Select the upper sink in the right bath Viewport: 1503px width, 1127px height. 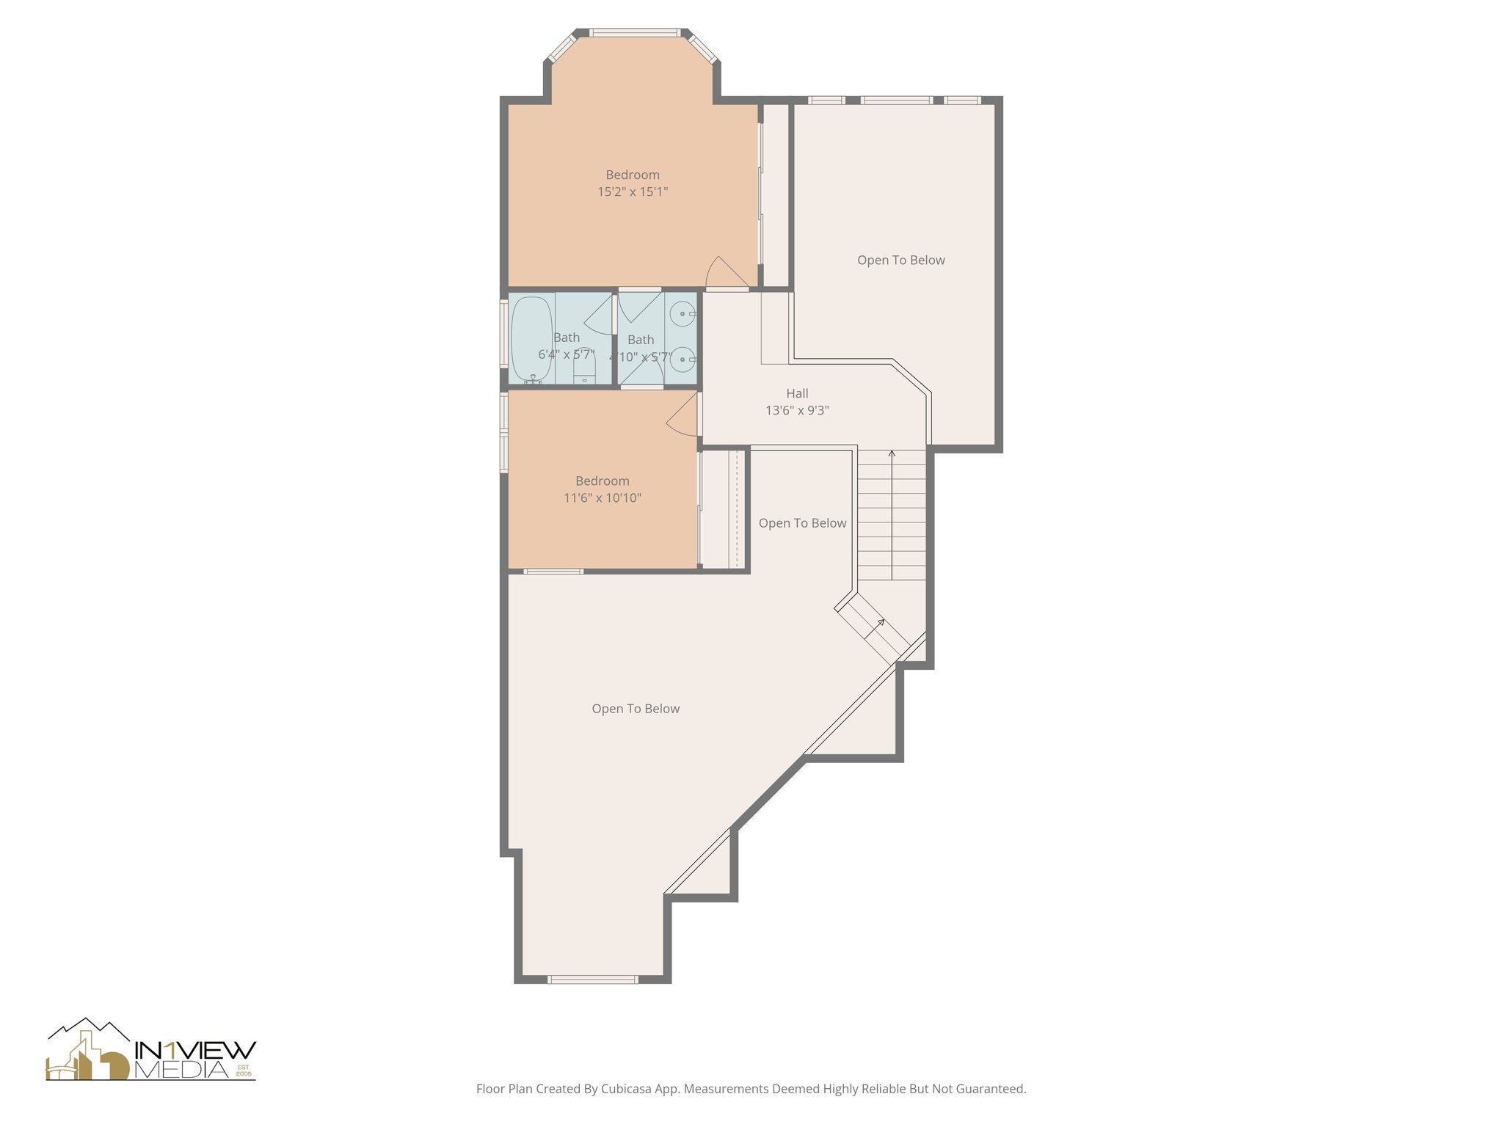pyautogui.click(x=683, y=314)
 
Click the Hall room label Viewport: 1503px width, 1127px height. pyautogui.click(x=797, y=393)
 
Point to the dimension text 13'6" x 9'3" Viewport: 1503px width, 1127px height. pyautogui.click(x=797, y=411)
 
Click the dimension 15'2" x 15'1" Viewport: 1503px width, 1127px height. pyautogui.click(x=633, y=192)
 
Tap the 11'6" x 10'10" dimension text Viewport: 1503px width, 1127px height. pyautogui.click(x=603, y=498)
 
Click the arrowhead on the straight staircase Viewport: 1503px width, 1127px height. pyautogui.click(x=892, y=454)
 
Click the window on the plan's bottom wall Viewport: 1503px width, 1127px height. pyautogui.click(x=593, y=979)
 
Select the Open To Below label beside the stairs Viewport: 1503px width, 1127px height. pyautogui.click(x=802, y=523)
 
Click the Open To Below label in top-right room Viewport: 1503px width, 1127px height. pyautogui.click(x=900, y=260)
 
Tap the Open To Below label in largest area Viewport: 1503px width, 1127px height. pyautogui.click(x=636, y=709)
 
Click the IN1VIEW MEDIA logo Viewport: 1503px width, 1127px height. pyautogui.click(x=151, y=1051)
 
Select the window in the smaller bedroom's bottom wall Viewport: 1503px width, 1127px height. pyautogui.click(x=553, y=571)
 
